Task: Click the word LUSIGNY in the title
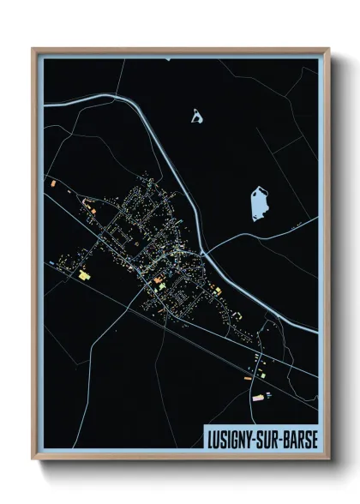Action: click(231, 437)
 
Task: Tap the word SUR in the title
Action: click(270, 437)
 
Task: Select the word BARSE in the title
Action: click(300, 437)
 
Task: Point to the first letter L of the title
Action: click(209, 437)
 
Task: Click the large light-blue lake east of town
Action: click(259, 204)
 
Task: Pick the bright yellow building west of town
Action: click(85, 276)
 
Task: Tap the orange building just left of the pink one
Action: click(248, 375)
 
